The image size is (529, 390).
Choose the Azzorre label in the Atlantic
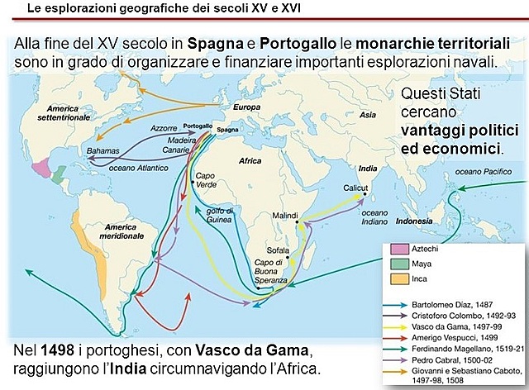click(164, 129)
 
